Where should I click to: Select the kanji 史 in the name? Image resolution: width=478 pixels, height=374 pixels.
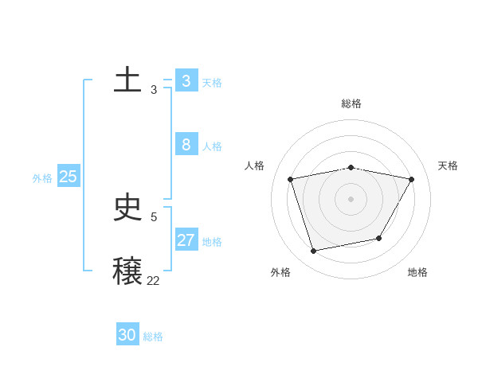coord(127,208)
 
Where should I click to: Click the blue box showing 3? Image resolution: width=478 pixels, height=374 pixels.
coord(186,81)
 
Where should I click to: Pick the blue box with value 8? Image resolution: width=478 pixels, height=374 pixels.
coord(186,145)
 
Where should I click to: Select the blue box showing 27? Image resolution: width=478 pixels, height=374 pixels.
coord(186,240)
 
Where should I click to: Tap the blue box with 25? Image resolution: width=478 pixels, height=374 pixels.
coord(69,177)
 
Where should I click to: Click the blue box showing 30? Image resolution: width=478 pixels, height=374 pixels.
coord(127,335)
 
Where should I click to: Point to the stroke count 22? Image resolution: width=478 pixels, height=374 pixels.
coord(153,280)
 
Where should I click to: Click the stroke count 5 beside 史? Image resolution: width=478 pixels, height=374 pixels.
coord(154,216)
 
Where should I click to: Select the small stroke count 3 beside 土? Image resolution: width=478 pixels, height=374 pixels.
coord(154,90)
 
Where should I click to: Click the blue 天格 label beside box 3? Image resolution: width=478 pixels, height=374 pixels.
coord(212,83)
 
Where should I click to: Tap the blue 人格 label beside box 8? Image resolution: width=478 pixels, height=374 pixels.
coord(212,146)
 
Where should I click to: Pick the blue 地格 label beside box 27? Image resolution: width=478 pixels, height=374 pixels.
coord(212,242)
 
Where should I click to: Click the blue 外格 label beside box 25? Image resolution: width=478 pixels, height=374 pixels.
coord(42,178)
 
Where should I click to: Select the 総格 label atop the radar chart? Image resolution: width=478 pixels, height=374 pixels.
coord(351,103)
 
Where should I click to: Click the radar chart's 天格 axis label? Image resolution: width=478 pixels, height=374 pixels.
coord(448,166)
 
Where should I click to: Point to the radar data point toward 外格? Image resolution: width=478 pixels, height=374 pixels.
coord(314,251)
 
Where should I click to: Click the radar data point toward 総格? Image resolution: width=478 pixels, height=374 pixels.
coord(351,167)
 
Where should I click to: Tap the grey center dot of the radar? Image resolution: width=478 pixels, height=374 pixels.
coord(351,199)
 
